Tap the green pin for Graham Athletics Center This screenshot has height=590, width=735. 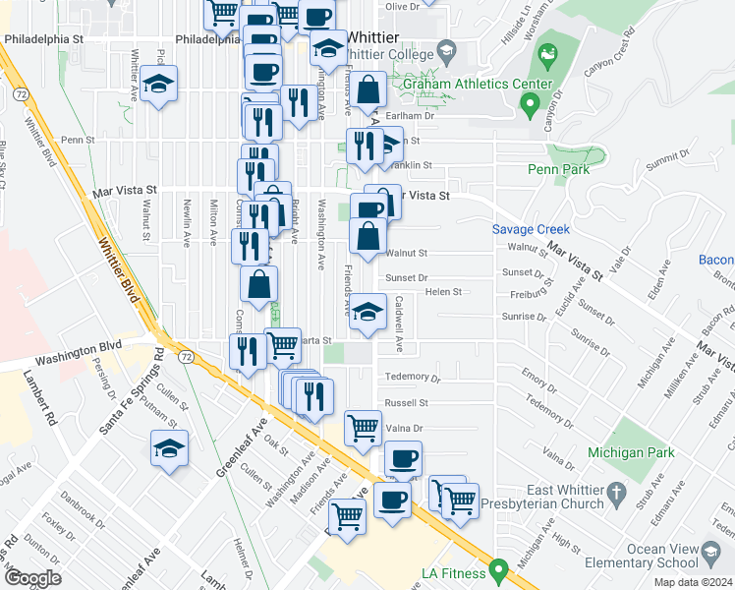pos(531,102)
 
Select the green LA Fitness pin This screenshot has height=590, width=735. pos(499,569)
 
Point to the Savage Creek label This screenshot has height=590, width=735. pos(531,229)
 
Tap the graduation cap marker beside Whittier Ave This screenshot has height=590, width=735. pos(158,85)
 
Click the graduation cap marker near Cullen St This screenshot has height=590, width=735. pos(169,449)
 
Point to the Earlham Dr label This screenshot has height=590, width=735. pos(413,116)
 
